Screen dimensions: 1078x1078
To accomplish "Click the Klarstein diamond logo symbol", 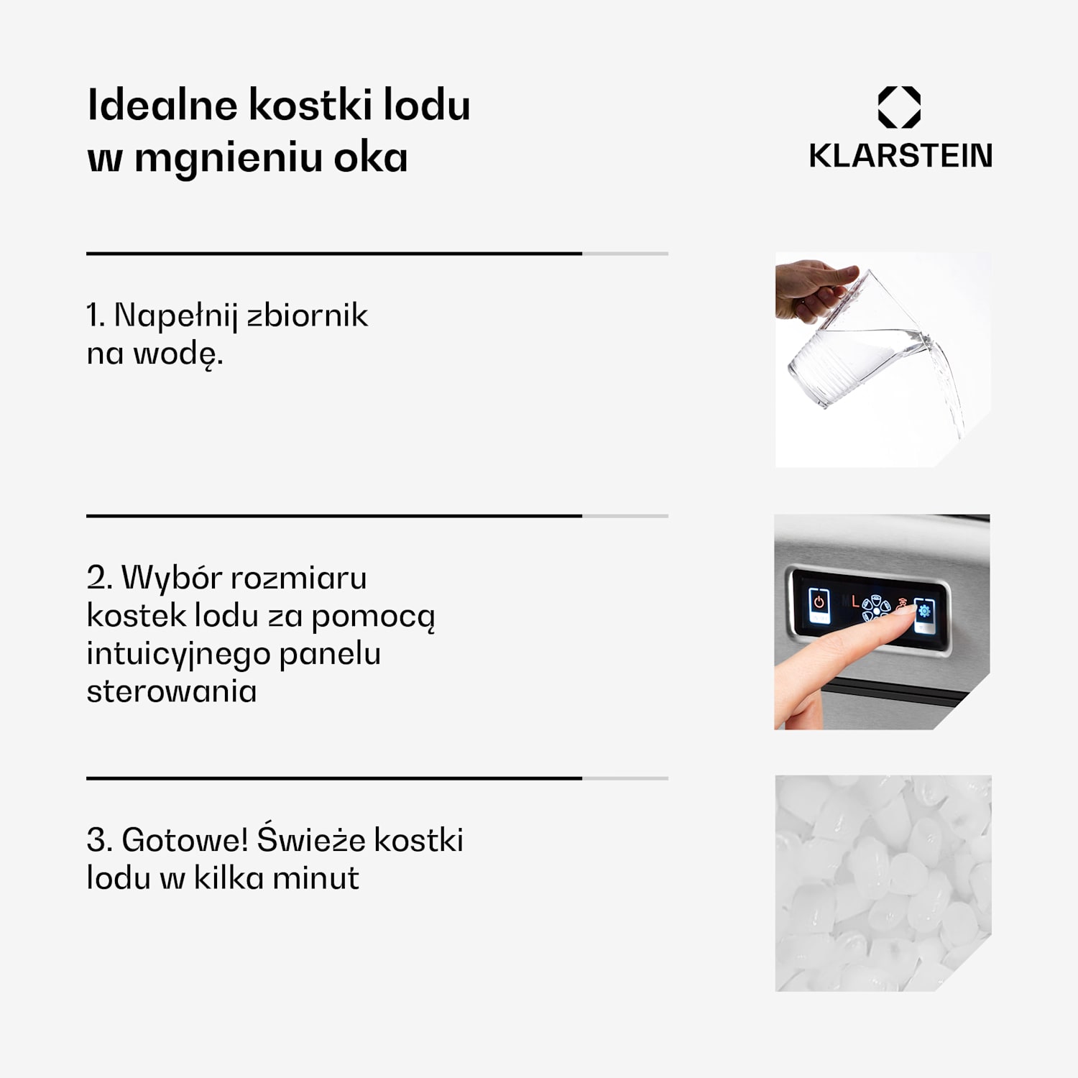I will (x=899, y=107).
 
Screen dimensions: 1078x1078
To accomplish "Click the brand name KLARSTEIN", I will (x=900, y=156).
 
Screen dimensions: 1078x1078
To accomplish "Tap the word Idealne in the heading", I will (x=162, y=105).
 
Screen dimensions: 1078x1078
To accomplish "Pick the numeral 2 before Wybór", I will (x=97, y=578).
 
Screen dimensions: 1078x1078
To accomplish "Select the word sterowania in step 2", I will (x=171, y=691).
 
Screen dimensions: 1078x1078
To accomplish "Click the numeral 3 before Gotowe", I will (x=97, y=840).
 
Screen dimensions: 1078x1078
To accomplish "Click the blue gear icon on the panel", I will (x=924, y=612).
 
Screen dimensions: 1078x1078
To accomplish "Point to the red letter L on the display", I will (x=854, y=602).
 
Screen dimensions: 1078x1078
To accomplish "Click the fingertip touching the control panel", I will (x=907, y=612).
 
